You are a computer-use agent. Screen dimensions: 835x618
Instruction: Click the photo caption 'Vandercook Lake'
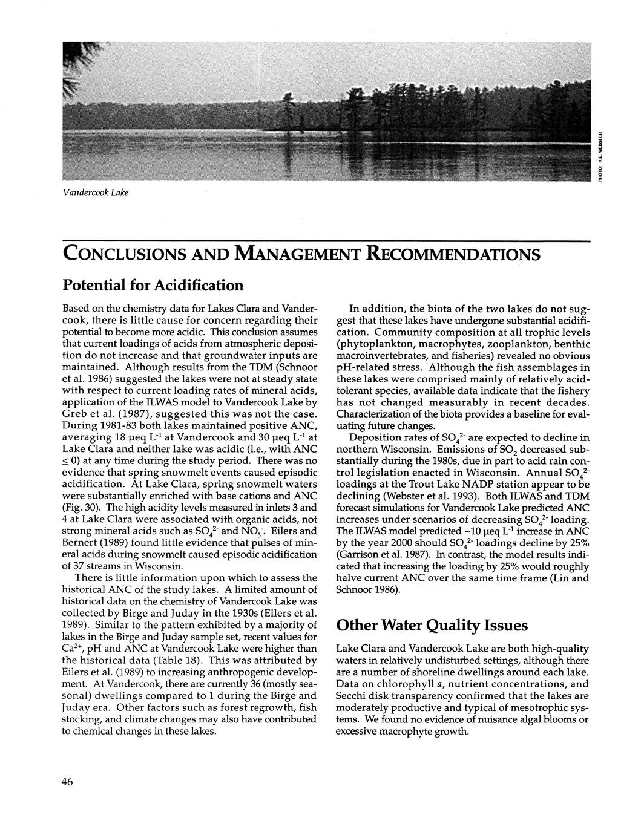pyautogui.click(x=97, y=192)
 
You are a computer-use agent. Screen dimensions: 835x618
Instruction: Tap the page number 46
pyautogui.click(x=67, y=782)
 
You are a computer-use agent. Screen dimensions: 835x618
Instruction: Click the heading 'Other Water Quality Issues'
pyautogui.click(x=432, y=625)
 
